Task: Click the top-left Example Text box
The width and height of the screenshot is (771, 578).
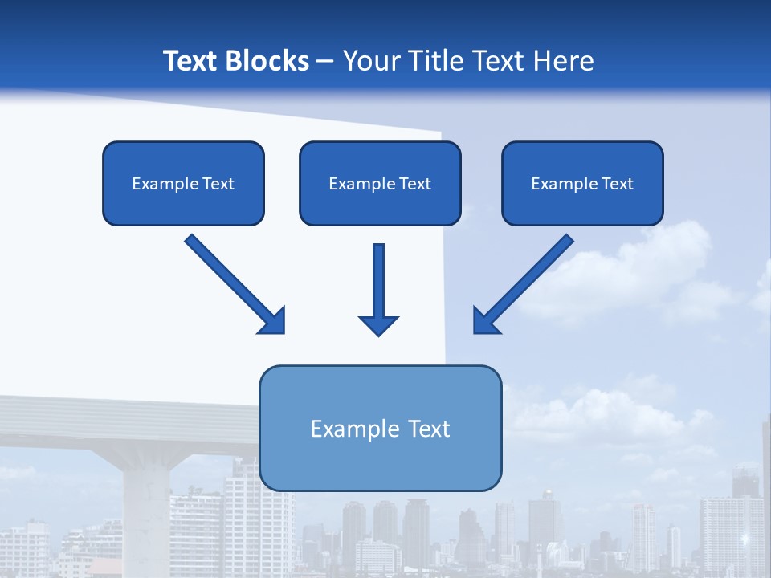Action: pyautogui.click(x=183, y=183)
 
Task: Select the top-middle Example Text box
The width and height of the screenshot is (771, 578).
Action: pyautogui.click(x=380, y=183)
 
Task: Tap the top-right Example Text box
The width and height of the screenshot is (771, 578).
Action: pyautogui.click(x=582, y=183)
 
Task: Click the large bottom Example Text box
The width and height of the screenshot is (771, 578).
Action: pyautogui.click(x=380, y=428)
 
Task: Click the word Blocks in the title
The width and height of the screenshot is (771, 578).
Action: pyautogui.click(x=267, y=61)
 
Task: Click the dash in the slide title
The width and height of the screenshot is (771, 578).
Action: pyautogui.click(x=325, y=61)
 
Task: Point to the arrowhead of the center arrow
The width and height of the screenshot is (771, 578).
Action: pyautogui.click(x=378, y=324)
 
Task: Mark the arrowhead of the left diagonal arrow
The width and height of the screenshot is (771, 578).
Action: pyautogui.click(x=273, y=320)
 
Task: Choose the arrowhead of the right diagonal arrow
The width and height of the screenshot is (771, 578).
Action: pyautogui.click(x=485, y=320)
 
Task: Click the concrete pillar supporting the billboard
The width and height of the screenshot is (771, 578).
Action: pyautogui.click(x=147, y=514)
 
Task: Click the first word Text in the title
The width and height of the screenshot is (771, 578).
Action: pyautogui.click(x=192, y=61)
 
